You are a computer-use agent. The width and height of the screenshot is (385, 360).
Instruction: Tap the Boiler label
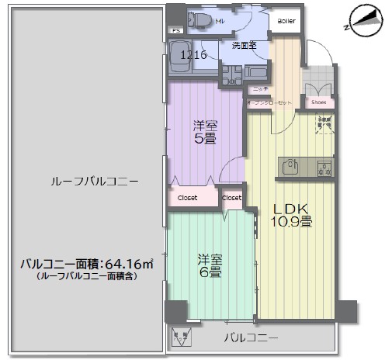286,21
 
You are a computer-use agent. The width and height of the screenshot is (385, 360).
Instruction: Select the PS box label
175,31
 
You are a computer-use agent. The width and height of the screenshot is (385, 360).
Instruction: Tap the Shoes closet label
318,102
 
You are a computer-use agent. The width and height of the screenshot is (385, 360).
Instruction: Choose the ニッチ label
260,90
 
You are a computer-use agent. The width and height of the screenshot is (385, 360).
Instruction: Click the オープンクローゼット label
270,102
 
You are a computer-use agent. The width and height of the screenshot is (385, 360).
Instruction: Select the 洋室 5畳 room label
204,132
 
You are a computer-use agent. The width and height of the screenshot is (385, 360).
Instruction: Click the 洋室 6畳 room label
210,265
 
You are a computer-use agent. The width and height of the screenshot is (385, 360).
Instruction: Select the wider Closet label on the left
187,197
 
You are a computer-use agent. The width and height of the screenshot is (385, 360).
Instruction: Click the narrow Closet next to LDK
232,197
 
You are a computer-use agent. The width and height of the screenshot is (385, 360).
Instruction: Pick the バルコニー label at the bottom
251,337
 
